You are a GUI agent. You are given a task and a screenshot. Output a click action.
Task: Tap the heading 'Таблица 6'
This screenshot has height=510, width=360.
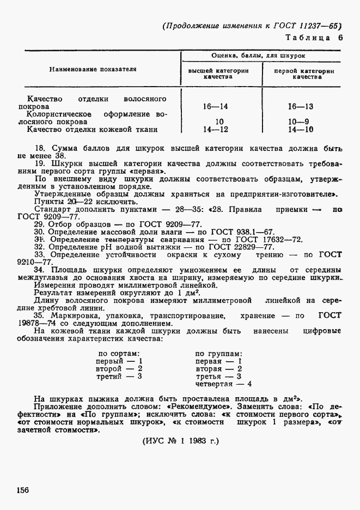coord(316,38)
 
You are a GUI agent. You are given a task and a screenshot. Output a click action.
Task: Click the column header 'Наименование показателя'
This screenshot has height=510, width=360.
coord(93,69)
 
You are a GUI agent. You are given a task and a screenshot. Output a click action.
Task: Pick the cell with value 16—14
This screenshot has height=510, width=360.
coord(215,107)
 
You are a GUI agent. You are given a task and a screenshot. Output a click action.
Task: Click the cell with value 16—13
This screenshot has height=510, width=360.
coord(301,107)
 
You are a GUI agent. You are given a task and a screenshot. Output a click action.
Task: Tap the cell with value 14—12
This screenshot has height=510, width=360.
coord(215,130)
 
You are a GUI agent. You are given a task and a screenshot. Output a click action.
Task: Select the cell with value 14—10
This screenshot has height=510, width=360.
coord(301,130)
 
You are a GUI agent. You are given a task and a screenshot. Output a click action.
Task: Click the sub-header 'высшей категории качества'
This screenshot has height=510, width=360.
coord(218,74)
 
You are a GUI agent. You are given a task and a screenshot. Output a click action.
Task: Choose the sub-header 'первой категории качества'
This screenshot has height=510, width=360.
coord(303,74)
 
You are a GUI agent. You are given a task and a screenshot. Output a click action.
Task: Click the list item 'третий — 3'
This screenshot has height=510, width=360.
coord(119,376)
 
